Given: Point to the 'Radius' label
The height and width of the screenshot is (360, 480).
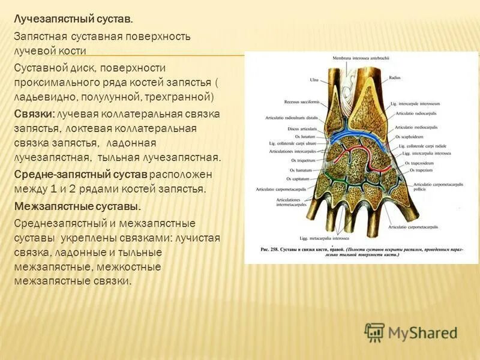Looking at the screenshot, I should click(394, 77).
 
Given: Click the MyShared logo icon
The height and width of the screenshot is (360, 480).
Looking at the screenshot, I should click(374, 332).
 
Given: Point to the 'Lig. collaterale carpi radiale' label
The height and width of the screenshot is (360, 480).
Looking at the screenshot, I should click(422, 146).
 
